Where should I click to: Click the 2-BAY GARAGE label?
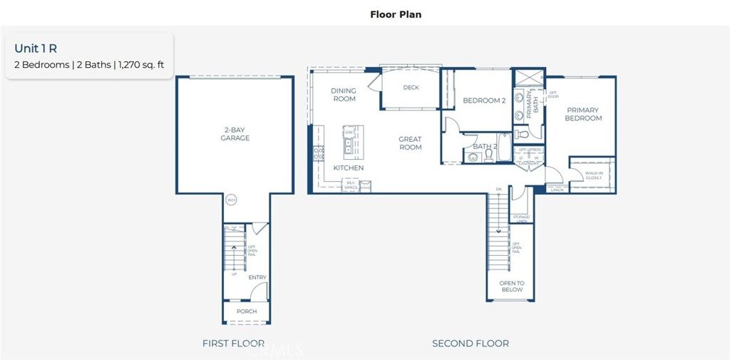tap(235, 134)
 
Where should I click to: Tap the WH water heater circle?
tap(231, 200)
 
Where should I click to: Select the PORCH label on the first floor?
tap(247, 312)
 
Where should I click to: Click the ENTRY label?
tap(257, 277)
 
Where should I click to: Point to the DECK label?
tap(411, 88)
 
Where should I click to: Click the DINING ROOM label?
tap(344, 95)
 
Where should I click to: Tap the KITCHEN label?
tap(349, 168)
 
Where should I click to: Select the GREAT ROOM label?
tap(410, 143)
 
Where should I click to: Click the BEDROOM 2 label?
tap(484, 101)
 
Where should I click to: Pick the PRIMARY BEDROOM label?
tap(584, 114)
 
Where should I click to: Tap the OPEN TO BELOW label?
tap(512, 287)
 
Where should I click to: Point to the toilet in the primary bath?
tap(522, 133)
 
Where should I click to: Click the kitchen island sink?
tap(349, 146)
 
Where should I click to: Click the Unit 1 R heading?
tap(36, 48)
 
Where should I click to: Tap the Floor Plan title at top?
tap(396, 14)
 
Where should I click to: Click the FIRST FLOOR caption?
tap(233, 344)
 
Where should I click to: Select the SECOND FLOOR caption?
tap(471, 344)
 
